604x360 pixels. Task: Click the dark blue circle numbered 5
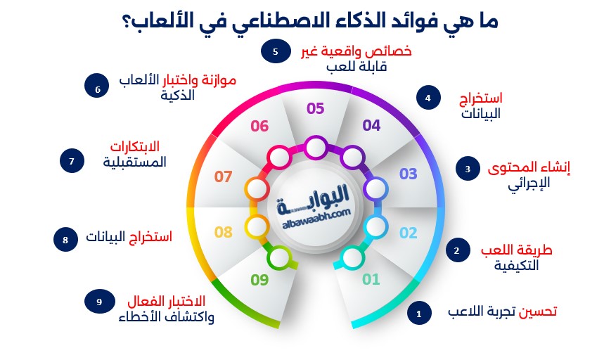(x=276, y=51)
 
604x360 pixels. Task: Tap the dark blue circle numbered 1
(x=419, y=314)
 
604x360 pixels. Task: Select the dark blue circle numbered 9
(x=99, y=302)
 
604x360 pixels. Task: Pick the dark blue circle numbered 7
(x=72, y=160)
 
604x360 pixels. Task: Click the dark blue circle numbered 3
(x=468, y=169)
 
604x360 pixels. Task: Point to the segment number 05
(x=316, y=108)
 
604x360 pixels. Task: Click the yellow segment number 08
(x=224, y=232)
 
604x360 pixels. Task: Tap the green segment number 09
(x=259, y=280)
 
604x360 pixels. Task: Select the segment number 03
(x=409, y=174)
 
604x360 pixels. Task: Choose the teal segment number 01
(x=371, y=279)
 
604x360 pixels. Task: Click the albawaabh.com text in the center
(x=316, y=218)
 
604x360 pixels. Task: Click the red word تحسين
(x=537, y=311)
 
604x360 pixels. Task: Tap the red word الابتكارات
(x=135, y=147)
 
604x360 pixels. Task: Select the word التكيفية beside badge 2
(x=517, y=266)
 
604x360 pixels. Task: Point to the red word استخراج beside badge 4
(x=481, y=98)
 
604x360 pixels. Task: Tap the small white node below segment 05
(x=316, y=148)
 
